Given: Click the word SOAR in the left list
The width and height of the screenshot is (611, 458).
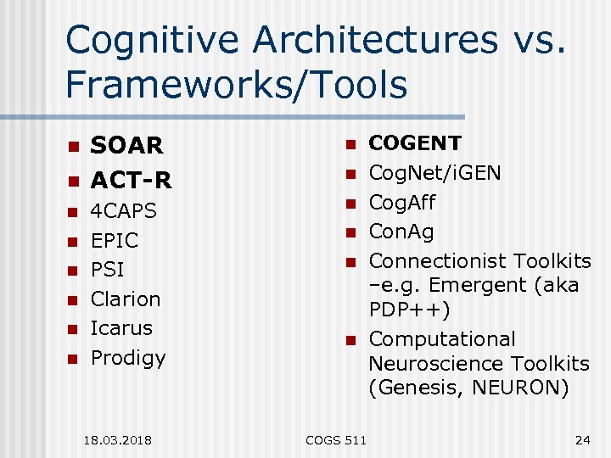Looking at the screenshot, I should (x=126, y=146).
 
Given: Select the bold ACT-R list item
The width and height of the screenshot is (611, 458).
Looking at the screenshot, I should (x=131, y=180).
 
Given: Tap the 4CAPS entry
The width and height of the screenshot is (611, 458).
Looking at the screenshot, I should (x=124, y=210).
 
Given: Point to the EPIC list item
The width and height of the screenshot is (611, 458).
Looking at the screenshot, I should (x=115, y=240).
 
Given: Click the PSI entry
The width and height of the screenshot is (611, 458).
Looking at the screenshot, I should (x=107, y=270).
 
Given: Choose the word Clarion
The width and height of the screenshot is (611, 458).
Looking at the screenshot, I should (x=126, y=299).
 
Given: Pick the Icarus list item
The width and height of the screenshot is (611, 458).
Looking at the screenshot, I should (x=121, y=327).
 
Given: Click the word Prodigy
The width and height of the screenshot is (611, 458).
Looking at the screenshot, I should (x=128, y=358).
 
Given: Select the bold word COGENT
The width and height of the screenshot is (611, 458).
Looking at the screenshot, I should (x=415, y=143).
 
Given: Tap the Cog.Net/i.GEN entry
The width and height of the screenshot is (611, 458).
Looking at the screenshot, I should (x=434, y=173).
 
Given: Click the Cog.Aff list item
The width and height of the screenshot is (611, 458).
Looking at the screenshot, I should (x=402, y=203).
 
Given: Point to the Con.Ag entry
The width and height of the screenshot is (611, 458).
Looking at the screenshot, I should (x=402, y=232).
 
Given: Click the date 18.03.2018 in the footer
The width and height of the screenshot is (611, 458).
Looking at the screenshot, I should (x=118, y=440).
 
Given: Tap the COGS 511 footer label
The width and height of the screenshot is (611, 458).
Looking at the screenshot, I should (x=336, y=440).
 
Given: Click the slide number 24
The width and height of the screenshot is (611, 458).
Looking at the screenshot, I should (x=582, y=440).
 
